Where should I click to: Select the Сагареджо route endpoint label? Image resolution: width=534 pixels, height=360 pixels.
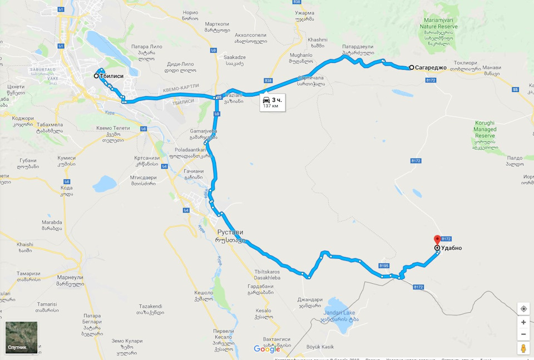(x=432, y=67)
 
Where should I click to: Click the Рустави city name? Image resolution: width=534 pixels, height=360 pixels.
(x=229, y=232)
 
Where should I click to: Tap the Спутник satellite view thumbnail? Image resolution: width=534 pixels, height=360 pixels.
(x=22, y=338)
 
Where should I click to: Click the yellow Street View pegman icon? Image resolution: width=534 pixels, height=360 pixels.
(x=523, y=348)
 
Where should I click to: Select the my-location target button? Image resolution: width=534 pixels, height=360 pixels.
(x=523, y=308)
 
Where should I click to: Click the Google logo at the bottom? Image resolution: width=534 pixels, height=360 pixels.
(x=267, y=349)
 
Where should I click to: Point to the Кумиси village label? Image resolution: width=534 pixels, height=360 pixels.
(x=66, y=158)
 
